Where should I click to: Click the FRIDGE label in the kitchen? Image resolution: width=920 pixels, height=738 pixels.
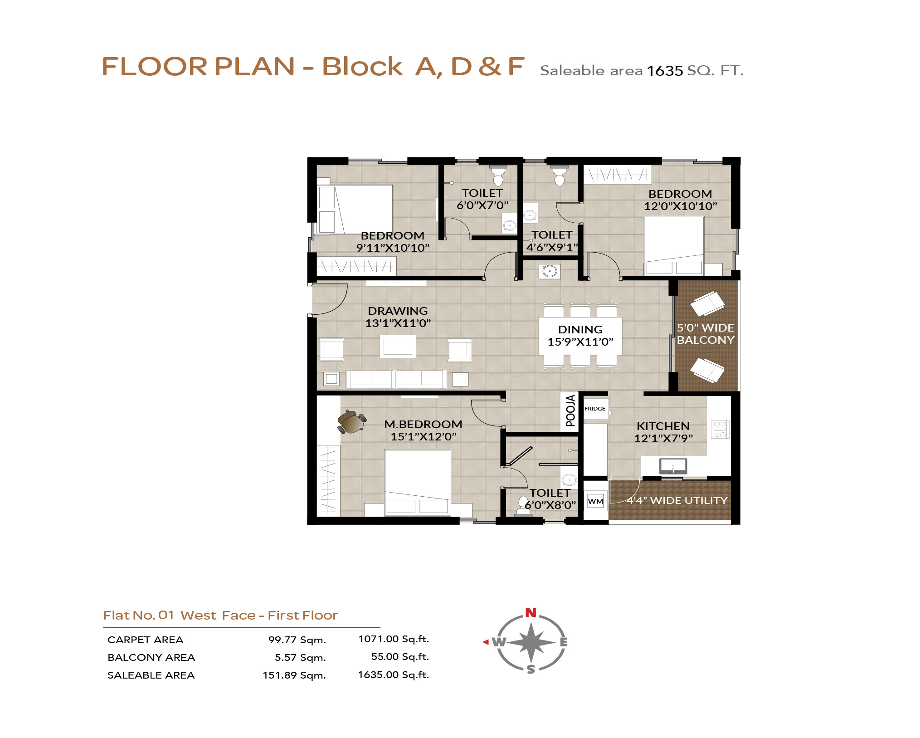point(594,409)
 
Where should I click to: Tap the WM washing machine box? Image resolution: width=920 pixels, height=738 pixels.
point(595,501)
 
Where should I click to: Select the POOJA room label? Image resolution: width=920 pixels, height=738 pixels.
point(571,411)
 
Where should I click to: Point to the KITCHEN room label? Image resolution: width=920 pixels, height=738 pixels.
point(663,426)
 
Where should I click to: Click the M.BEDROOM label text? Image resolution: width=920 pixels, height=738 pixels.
point(423,424)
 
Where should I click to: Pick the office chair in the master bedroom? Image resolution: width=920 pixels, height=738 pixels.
point(351,422)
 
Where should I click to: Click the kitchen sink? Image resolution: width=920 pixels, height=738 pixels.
point(673,466)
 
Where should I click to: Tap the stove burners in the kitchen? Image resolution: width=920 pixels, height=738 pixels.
point(720,429)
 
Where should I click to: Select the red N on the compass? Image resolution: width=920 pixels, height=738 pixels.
point(531,613)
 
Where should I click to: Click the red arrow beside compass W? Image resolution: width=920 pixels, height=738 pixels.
point(486,642)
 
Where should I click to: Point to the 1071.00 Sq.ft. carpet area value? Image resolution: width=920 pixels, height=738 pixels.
point(394,639)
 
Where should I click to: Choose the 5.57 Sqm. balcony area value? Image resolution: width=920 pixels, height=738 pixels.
point(300,657)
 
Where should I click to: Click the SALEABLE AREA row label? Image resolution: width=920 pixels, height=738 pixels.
point(151,675)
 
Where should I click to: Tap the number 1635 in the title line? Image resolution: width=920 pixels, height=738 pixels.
point(665,71)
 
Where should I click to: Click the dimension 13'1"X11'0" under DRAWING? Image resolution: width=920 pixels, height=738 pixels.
point(398,323)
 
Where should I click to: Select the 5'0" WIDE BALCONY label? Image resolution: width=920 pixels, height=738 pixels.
point(706,334)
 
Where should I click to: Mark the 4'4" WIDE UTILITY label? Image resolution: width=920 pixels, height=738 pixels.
point(677,500)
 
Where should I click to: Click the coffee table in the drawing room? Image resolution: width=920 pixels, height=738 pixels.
point(398,347)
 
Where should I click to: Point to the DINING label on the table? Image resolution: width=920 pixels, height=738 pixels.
point(580,329)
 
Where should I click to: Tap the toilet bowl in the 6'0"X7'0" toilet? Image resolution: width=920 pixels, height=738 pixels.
point(498,176)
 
